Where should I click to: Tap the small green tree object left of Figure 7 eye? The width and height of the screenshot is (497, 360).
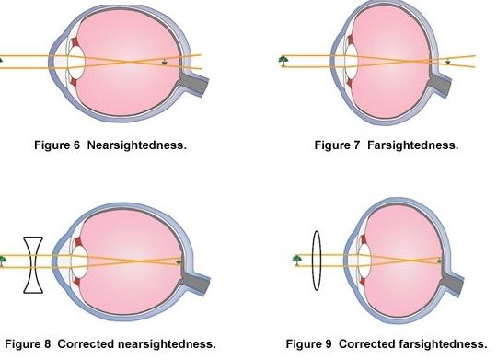tap(283, 61)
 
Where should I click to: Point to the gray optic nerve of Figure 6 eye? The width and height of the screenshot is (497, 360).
tap(197, 78)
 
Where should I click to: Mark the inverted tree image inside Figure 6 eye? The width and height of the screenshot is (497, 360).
tap(166, 64)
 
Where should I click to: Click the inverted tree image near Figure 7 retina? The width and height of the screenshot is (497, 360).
tap(446, 63)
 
